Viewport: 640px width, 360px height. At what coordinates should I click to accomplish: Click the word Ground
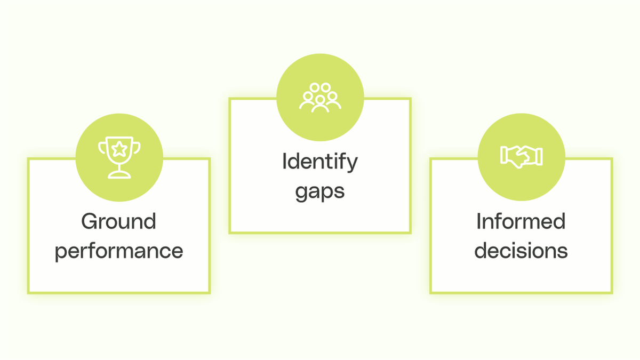click(x=118, y=221)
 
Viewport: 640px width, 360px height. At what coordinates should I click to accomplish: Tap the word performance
click(x=118, y=251)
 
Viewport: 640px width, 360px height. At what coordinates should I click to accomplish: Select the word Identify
click(x=319, y=162)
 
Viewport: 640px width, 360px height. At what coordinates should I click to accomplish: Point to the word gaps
click(x=319, y=191)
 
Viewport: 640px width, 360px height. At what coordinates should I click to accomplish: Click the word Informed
click(x=521, y=221)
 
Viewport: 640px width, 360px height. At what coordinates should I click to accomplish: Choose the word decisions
click(x=521, y=251)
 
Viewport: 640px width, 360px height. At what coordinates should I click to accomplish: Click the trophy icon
click(x=119, y=157)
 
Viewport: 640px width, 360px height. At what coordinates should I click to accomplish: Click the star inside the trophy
click(x=119, y=147)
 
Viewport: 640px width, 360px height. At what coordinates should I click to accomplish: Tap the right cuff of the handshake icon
click(x=539, y=155)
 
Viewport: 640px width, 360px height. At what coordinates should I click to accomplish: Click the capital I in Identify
click(x=284, y=162)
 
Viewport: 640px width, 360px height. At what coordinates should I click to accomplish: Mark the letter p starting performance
click(x=61, y=252)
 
